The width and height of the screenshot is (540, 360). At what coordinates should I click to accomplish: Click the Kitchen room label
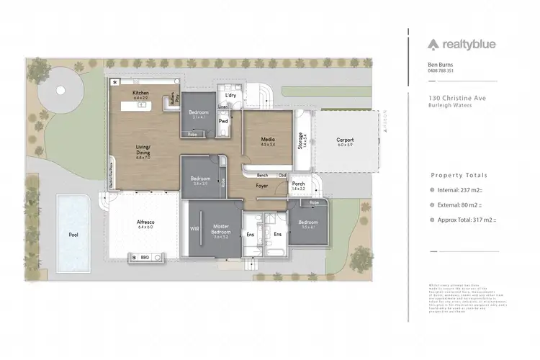[140, 94]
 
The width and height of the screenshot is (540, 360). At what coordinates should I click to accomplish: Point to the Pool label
[73, 235]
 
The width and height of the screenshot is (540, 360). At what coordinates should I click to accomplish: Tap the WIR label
[193, 229]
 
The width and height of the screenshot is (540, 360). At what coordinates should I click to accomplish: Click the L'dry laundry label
[230, 95]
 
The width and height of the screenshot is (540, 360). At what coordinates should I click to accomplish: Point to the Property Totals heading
[459, 175]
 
